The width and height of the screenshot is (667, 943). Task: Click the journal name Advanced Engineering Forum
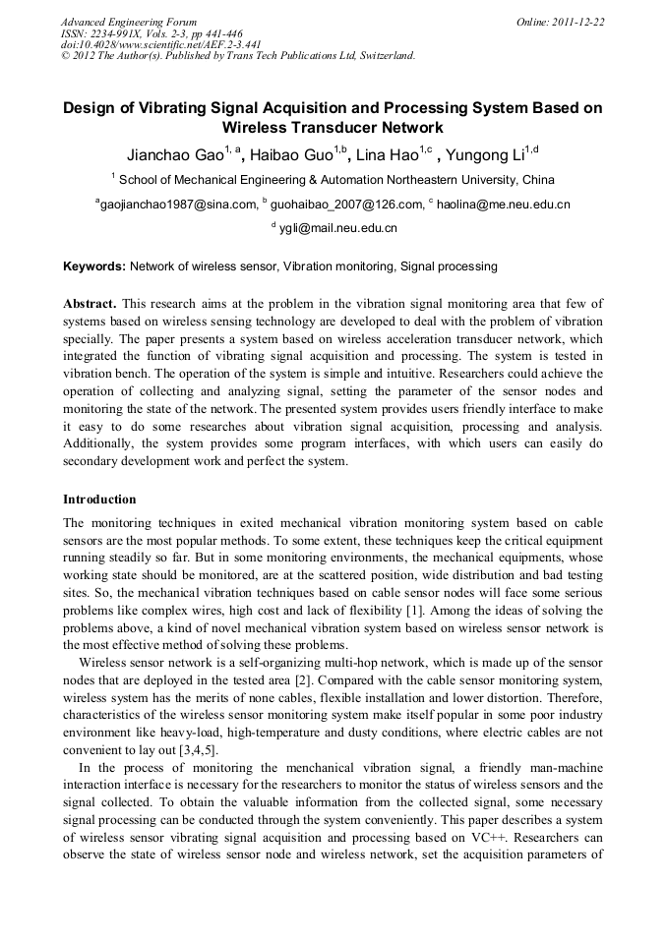tap(129, 22)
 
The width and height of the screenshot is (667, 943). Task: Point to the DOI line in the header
tap(161, 44)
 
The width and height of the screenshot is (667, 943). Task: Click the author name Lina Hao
tap(387, 155)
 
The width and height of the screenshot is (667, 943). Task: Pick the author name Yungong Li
tap(483, 155)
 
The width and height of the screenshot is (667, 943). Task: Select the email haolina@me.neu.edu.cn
tap(504, 205)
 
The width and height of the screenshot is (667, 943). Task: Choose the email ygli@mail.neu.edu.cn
tap(337, 228)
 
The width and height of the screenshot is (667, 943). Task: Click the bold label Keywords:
tap(94, 266)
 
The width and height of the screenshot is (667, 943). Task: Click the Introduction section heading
tap(99, 499)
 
